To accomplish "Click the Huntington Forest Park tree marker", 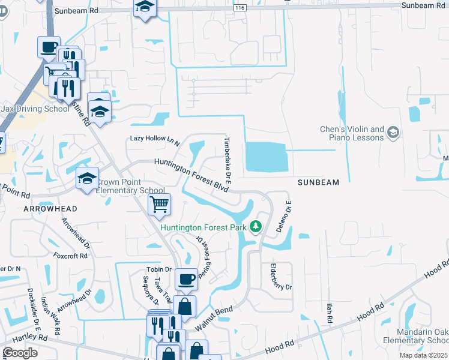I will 256,226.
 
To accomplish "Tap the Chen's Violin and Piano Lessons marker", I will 394,132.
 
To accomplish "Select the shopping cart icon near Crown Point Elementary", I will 159,205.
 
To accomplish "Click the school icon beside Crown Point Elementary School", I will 88,178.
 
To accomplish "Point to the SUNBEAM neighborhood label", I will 319,182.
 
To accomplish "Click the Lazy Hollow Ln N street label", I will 155,140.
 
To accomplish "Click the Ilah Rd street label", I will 329,313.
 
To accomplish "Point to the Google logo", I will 20,353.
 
